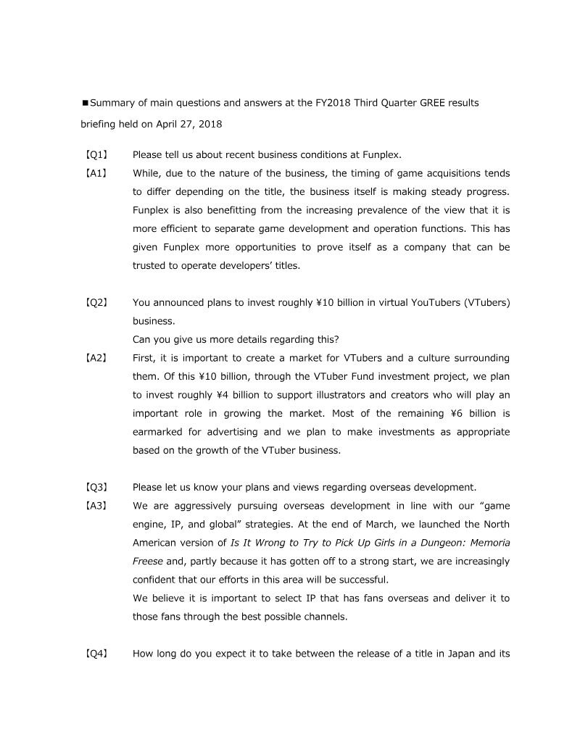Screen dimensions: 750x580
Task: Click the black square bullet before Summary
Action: point(85,104)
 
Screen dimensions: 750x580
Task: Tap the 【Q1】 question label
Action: point(96,154)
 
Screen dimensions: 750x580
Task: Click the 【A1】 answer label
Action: point(96,173)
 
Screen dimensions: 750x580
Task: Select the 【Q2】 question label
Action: point(96,302)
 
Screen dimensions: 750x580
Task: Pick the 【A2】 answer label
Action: point(96,358)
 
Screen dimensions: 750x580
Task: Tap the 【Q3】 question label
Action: point(96,487)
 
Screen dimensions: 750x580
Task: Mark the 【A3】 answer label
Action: point(96,506)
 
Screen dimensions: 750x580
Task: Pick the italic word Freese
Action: point(148,561)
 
